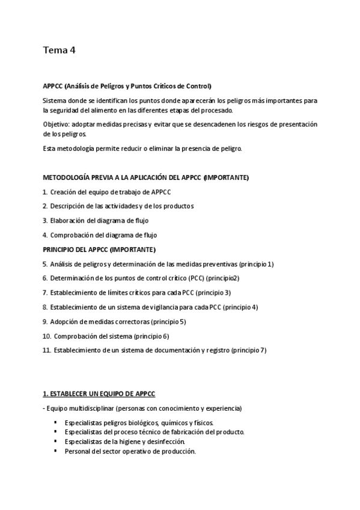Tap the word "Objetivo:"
[57, 124]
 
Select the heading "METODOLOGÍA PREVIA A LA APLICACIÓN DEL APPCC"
[123, 179]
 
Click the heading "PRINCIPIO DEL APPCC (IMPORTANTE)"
[99, 250]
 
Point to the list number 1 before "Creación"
[45, 192]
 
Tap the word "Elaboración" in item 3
[69, 221]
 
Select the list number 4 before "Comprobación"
[45, 235]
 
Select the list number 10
[46, 336]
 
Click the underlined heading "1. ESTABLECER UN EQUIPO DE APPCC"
[99, 394]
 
